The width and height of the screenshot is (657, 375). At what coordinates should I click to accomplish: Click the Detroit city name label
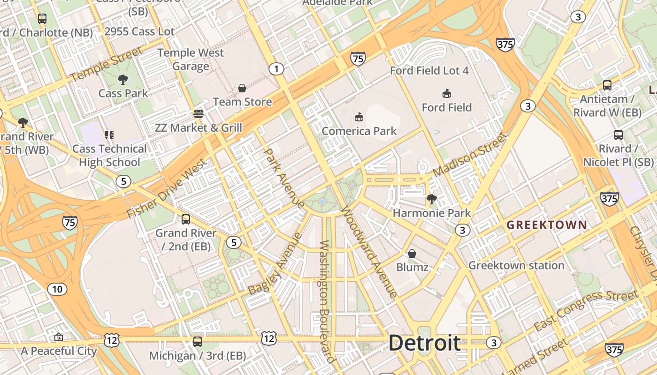coord(424,343)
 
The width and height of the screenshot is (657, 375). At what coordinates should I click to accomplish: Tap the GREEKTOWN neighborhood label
coord(547,225)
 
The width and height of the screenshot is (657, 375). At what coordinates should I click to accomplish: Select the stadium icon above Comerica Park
coord(359,117)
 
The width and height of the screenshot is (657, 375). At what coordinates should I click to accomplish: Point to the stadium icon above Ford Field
coord(446,93)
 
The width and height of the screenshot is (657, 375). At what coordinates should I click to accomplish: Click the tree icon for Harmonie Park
coord(432,200)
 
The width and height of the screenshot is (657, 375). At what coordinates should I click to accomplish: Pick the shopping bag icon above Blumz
coord(412,254)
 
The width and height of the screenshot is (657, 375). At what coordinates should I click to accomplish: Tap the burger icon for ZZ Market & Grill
coord(199,113)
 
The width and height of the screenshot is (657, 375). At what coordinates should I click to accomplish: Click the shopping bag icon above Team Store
coord(242,88)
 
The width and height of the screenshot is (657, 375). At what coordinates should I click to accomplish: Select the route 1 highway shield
coord(276,69)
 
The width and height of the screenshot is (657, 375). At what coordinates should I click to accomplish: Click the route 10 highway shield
coord(57,289)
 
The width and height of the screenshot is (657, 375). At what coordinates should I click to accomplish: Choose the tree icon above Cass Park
coord(123,80)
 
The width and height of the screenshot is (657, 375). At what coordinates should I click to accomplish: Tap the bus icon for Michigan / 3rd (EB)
coord(198,342)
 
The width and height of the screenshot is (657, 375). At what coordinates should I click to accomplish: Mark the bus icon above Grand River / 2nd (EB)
coord(186,219)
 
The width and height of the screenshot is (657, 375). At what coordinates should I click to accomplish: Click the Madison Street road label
coord(470,154)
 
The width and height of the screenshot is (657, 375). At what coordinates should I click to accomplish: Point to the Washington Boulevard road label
coord(327,301)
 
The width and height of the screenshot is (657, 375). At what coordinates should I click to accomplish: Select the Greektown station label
coord(516,265)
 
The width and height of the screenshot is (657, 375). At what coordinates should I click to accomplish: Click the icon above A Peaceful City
coord(59,337)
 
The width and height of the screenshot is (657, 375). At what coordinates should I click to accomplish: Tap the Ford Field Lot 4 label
coord(429,71)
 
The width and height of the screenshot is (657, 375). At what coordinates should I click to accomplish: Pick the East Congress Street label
coord(586,310)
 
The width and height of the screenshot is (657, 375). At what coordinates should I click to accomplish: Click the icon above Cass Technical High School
coord(109,135)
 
